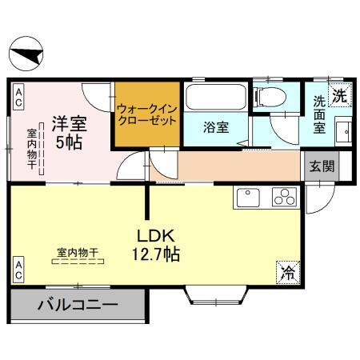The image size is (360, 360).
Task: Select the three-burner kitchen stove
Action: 285,197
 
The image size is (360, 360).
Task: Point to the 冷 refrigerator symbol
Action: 286,272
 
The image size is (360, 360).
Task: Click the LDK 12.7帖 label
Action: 155,246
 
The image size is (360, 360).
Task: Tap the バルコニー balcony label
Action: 78,305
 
